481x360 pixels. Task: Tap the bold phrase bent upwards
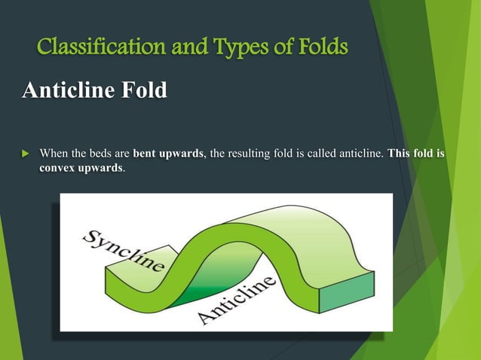point(168,154)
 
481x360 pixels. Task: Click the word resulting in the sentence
point(247,154)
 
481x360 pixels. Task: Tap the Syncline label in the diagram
point(122,249)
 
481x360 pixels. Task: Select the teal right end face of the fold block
point(346,294)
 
